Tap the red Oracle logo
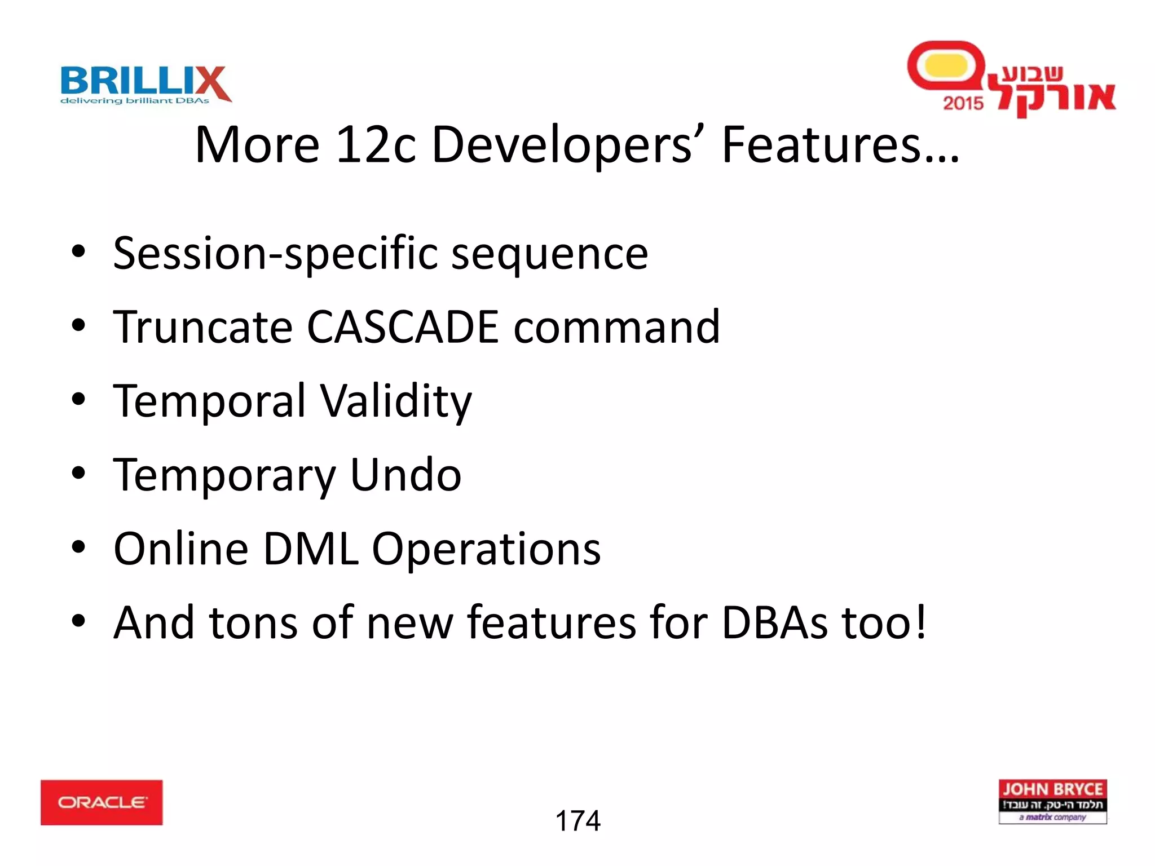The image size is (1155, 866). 102,802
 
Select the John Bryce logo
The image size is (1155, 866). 1052,801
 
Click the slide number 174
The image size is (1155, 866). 578,821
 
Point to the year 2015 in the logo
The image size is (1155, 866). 963,103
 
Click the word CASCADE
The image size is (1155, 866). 403,327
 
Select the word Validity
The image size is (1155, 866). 396,401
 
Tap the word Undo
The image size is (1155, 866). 405,475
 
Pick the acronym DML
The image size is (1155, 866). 311,549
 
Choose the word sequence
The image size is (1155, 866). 550,254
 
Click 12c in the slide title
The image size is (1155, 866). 375,145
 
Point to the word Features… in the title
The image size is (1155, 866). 840,145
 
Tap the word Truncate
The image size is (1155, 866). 203,327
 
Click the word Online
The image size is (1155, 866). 181,549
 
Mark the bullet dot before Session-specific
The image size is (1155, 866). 78,252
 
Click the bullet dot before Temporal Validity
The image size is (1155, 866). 78,400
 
